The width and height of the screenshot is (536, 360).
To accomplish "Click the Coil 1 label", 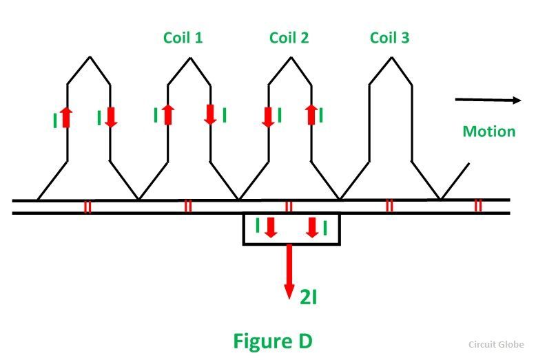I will pyautogui.click(x=183, y=37).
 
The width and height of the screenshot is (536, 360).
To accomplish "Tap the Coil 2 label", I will pyautogui.click(x=289, y=37).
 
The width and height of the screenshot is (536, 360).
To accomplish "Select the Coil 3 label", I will pyautogui.click(x=389, y=37).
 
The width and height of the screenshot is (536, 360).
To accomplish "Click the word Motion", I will pyautogui.click(x=489, y=131).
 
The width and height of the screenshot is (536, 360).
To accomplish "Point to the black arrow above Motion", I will pyautogui.click(x=488, y=100).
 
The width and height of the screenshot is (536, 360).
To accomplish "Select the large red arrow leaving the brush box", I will pyautogui.click(x=290, y=271).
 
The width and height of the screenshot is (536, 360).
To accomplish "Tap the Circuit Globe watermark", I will pyautogui.click(x=497, y=344).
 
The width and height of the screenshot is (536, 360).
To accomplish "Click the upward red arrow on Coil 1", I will pyautogui.click(x=168, y=115).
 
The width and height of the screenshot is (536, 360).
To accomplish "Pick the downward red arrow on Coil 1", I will pyautogui.click(x=211, y=114).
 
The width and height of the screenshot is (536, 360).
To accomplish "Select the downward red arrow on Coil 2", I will pyautogui.click(x=269, y=115).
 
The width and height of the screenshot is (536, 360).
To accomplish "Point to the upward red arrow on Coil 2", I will pyautogui.click(x=311, y=114).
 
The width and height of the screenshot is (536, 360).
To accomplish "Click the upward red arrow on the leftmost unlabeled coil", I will pyautogui.click(x=67, y=117).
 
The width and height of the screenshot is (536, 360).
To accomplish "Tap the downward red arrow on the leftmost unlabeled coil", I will pyautogui.click(x=111, y=117).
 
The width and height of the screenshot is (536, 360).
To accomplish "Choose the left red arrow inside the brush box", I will pyautogui.click(x=271, y=227).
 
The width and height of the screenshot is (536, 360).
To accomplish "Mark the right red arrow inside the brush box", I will pyautogui.click(x=312, y=227).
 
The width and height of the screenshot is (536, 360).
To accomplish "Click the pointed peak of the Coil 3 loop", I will pyautogui.click(x=391, y=57).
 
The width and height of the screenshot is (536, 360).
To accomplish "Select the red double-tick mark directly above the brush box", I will pyautogui.click(x=289, y=206).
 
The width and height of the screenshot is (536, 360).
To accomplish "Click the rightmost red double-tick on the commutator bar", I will pyautogui.click(x=478, y=206).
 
